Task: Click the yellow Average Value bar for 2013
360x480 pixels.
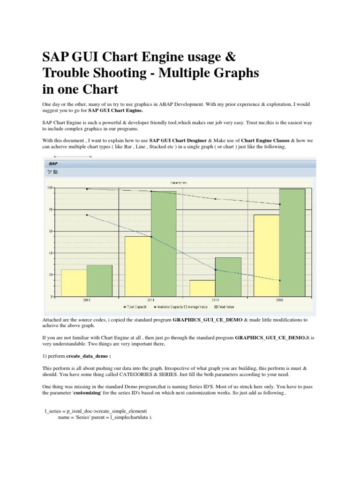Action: tap(74, 283)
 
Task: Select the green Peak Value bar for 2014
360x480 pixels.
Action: tap(164, 244)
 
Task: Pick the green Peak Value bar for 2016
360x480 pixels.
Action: tap(292, 243)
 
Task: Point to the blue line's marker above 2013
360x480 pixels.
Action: tap(87, 215)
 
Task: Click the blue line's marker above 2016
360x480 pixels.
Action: tap(279, 280)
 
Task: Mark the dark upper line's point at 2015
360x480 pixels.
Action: tap(215, 199)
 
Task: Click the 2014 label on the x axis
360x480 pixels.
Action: tap(151, 300)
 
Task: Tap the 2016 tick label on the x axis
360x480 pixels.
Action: tap(279, 300)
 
